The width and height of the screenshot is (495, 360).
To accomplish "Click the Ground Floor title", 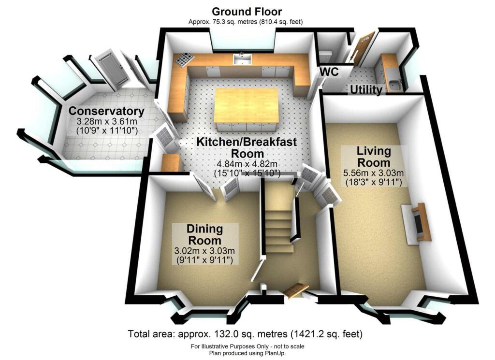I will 247,12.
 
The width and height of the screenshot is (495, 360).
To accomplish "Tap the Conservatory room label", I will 106,111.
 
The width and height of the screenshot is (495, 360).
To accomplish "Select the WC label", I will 329,72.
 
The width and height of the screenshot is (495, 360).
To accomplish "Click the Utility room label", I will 366,89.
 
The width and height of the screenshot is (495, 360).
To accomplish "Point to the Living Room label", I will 373,157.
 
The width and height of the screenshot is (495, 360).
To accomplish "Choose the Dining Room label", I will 204,234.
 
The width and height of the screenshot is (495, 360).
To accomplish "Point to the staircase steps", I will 279,227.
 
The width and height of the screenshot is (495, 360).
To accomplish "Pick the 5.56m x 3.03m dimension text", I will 373,173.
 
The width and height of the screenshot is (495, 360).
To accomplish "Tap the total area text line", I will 245,334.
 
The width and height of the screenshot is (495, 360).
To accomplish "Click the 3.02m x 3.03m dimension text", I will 204,251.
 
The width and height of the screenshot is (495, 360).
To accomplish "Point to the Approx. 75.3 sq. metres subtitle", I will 246,22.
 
